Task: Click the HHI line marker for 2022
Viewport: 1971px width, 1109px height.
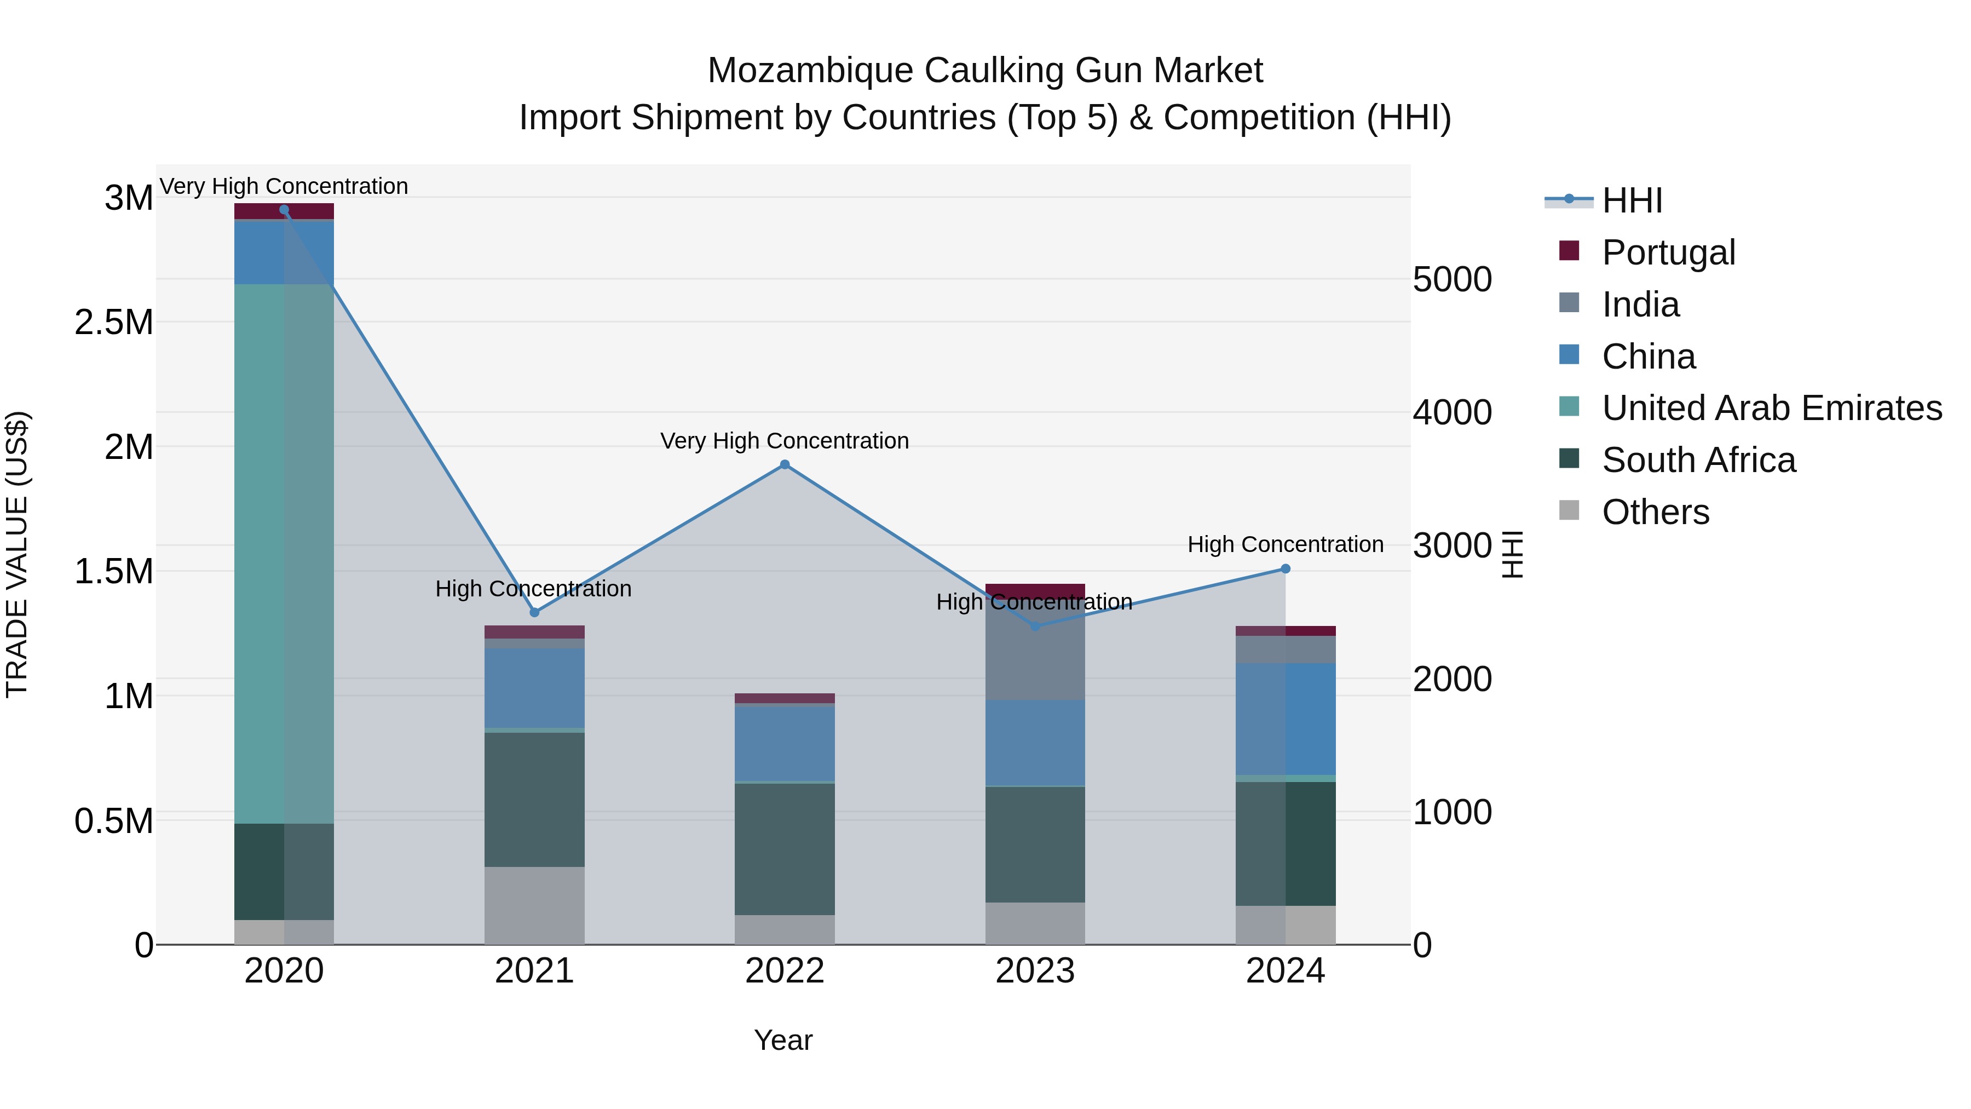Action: (x=784, y=464)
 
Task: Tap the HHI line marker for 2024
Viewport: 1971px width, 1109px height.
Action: (x=1286, y=568)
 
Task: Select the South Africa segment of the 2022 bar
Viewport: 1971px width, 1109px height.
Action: (x=784, y=849)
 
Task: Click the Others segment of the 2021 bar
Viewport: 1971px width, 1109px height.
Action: (x=534, y=905)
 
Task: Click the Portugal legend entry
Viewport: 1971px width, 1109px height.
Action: (x=1668, y=252)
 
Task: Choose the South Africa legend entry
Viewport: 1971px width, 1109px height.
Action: (x=1698, y=460)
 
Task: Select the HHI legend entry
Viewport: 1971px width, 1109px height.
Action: (x=1632, y=200)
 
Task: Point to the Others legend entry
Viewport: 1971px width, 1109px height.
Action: (x=1655, y=512)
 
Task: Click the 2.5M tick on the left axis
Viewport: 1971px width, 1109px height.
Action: (x=113, y=322)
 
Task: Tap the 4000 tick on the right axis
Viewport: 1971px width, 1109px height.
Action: (x=1451, y=412)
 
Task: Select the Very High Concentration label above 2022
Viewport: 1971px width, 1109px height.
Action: (x=784, y=441)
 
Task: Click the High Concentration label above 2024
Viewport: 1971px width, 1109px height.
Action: (x=1286, y=544)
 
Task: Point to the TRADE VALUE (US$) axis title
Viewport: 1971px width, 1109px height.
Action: (x=17, y=554)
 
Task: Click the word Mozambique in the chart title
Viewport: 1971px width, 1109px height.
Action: (x=810, y=71)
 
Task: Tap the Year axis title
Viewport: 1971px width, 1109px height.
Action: (x=783, y=1040)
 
